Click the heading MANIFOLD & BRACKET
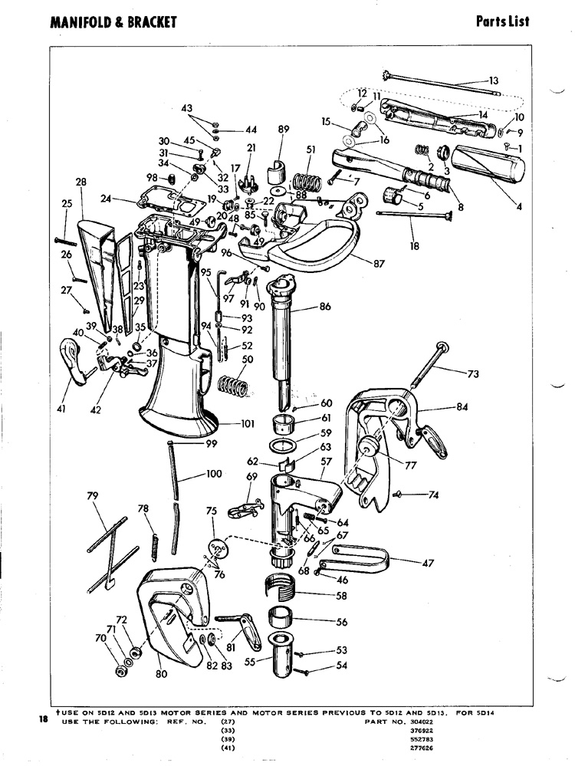point(113,21)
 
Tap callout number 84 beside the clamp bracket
point(462,407)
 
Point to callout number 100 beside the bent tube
point(214,474)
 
